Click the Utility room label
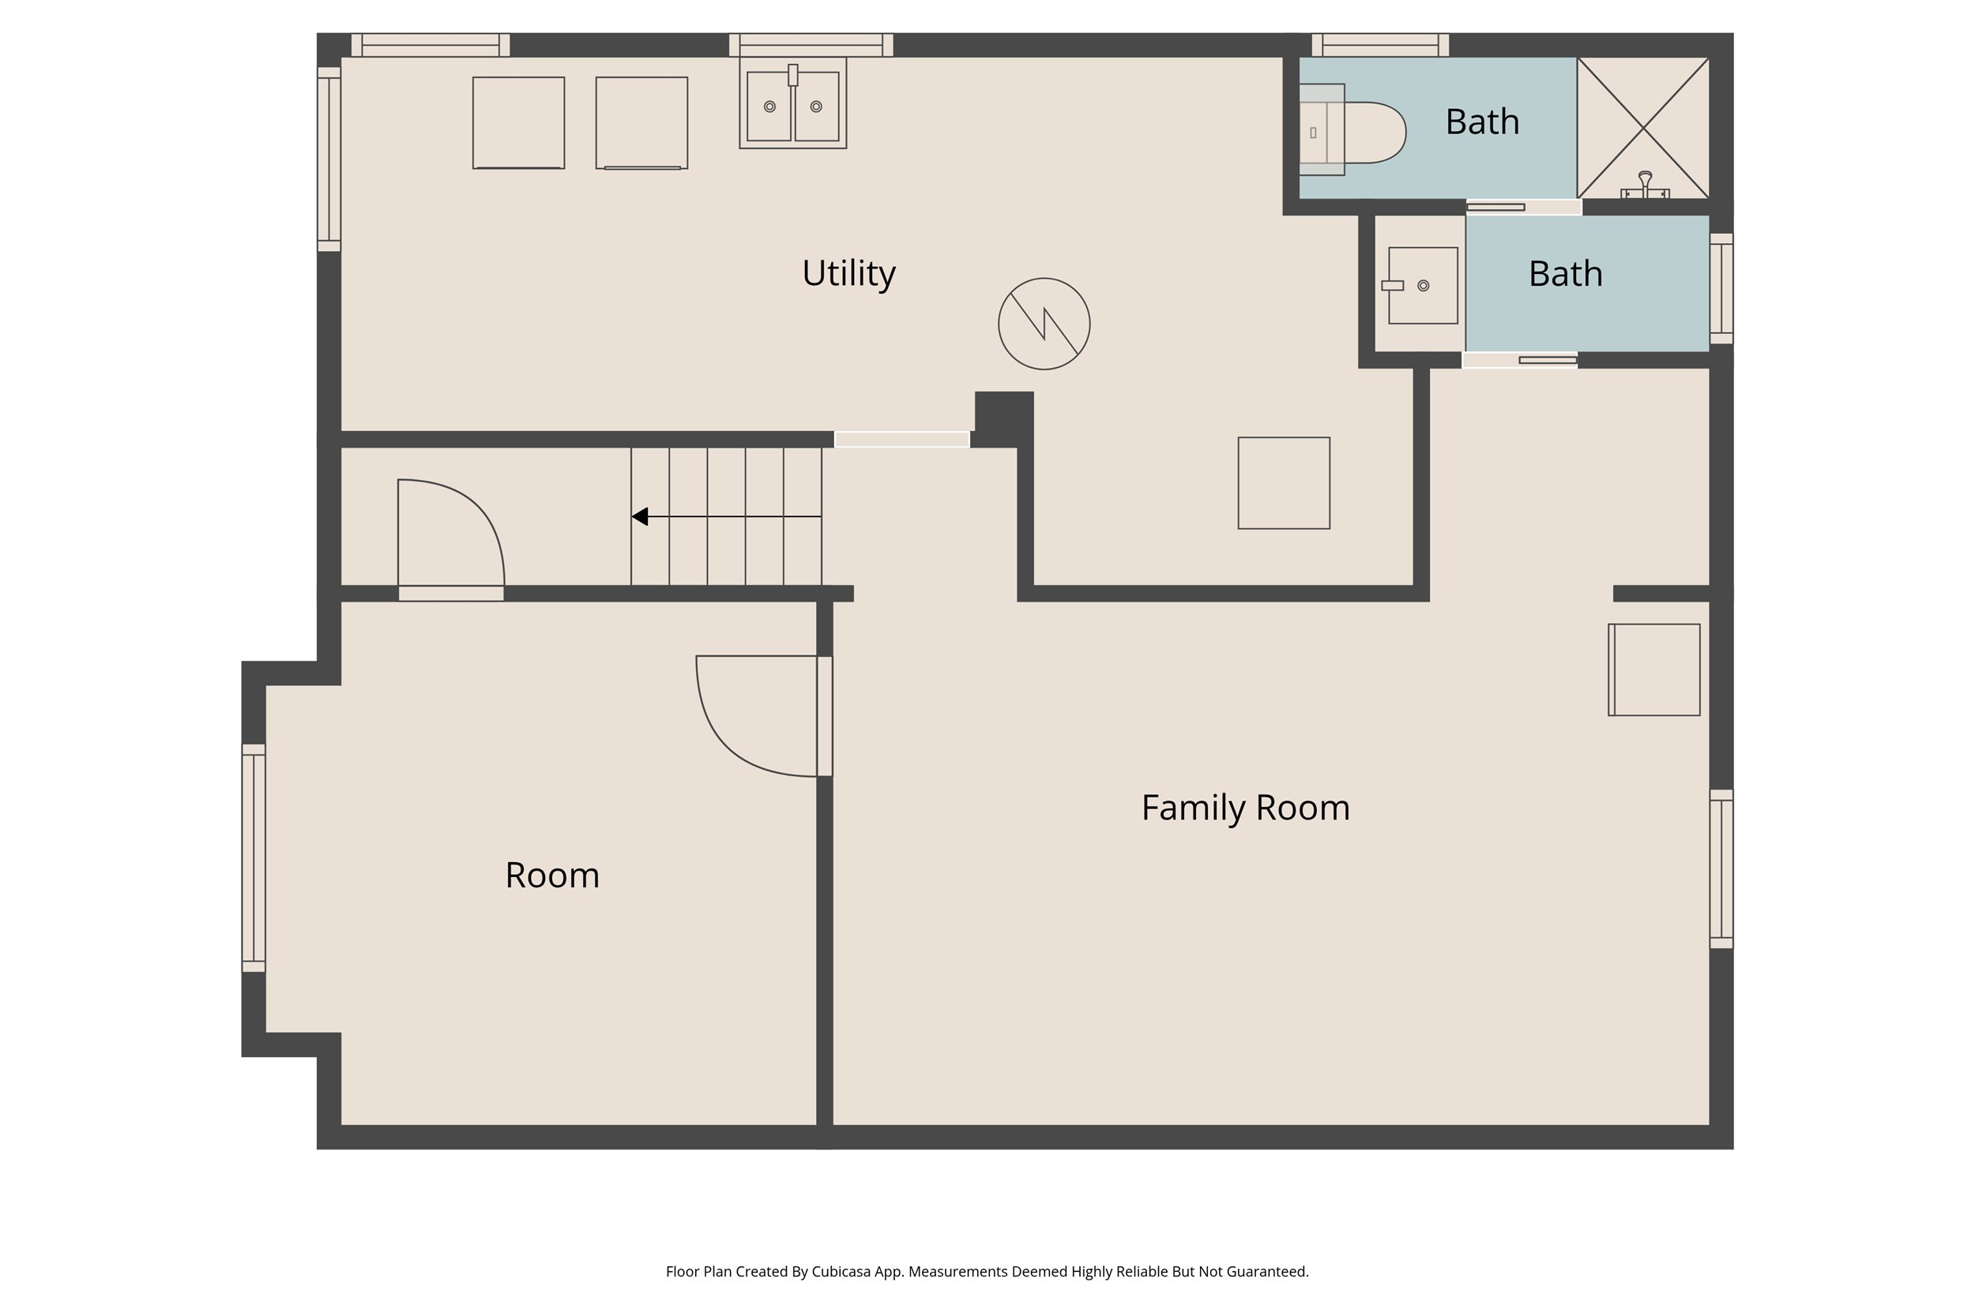(x=849, y=274)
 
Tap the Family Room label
(x=1245, y=808)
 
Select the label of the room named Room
(x=551, y=875)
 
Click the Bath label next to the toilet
(x=1482, y=122)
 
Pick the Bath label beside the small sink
(x=1565, y=274)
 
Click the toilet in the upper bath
(x=1352, y=131)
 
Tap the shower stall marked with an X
(x=1643, y=129)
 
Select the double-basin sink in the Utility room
(x=792, y=104)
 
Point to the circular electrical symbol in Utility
(x=1044, y=324)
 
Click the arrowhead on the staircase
(x=640, y=516)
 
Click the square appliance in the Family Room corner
(x=1653, y=669)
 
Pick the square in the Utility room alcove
(x=1283, y=483)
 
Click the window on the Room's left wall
(x=254, y=858)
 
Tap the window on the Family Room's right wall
(x=1721, y=868)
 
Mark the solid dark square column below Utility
(x=1003, y=419)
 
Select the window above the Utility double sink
(x=811, y=45)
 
